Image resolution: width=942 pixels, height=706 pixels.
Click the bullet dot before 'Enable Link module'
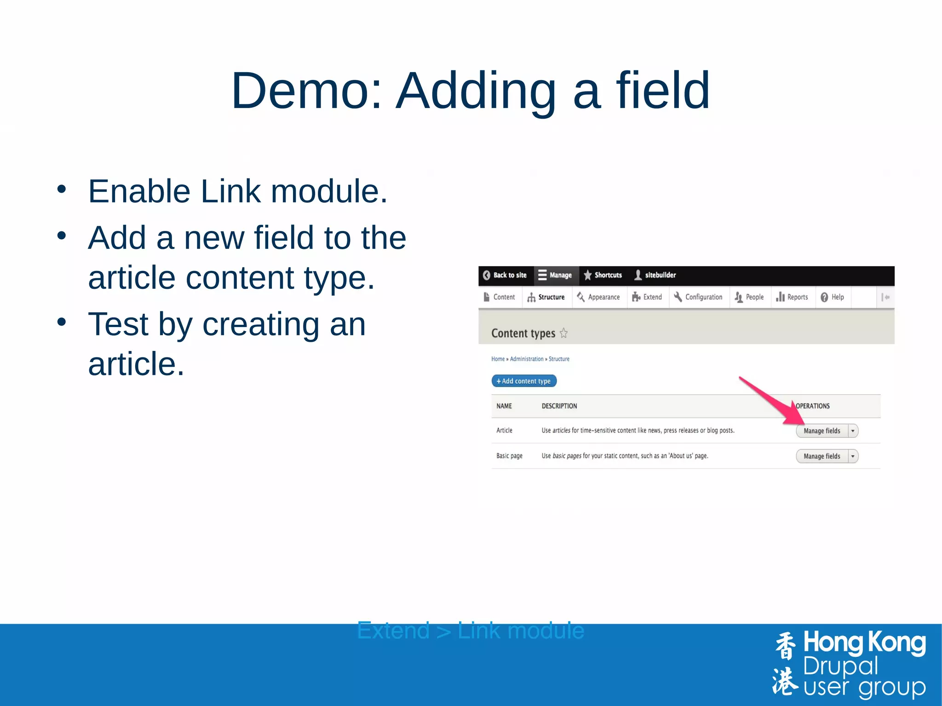click(62, 189)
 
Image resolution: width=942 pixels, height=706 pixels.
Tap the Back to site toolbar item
click(505, 275)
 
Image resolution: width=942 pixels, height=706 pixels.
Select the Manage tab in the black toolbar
click(556, 275)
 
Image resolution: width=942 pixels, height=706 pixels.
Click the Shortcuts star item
click(603, 275)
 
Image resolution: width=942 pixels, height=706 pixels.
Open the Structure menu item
click(546, 297)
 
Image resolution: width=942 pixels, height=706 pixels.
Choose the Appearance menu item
click(599, 297)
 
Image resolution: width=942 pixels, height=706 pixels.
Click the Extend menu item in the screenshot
click(647, 297)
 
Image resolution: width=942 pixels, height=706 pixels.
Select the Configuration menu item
click(698, 297)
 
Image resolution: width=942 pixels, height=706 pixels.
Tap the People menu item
click(749, 297)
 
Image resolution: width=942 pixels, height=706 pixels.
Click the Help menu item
click(833, 297)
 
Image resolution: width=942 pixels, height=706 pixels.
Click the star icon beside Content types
click(564, 333)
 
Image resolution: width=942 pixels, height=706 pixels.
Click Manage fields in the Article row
click(821, 431)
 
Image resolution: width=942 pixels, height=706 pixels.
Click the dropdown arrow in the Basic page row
click(853, 456)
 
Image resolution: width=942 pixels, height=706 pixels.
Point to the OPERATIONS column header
click(813, 406)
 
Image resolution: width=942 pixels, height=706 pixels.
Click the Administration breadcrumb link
click(527, 359)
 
